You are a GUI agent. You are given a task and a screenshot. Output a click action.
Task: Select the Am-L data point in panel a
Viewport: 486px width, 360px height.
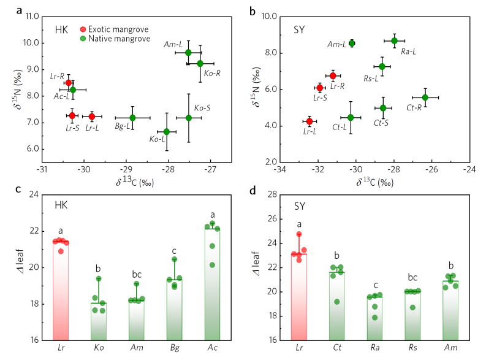(x=188, y=52)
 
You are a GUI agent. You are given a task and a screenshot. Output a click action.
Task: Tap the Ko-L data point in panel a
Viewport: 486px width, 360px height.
(x=167, y=131)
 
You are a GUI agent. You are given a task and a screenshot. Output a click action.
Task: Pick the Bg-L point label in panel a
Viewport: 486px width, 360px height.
(x=123, y=126)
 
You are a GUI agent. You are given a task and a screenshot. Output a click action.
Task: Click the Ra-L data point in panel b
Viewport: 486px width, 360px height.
(x=394, y=40)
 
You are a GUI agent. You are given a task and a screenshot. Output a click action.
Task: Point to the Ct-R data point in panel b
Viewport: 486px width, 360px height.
(x=425, y=97)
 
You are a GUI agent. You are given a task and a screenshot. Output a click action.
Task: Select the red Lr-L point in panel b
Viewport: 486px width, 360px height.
(x=309, y=121)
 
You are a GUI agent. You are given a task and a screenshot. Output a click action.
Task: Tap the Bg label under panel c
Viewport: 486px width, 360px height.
(x=174, y=347)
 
